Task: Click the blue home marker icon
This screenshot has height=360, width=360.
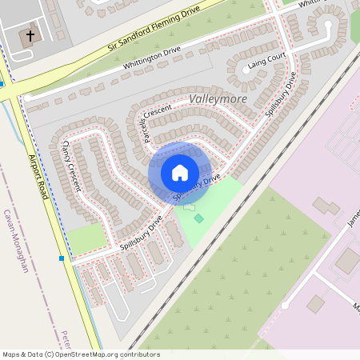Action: pos(180,173)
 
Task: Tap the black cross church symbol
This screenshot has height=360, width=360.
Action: pos(30,36)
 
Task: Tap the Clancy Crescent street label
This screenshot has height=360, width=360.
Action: pos(72,164)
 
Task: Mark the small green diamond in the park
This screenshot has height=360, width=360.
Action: pos(198,218)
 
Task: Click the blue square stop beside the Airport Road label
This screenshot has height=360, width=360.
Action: pos(62,258)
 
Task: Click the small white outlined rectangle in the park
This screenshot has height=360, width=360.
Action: pos(189,207)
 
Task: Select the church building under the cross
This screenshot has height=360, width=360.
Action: pos(27,38)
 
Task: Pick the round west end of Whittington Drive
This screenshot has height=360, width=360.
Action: pos(26,98)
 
